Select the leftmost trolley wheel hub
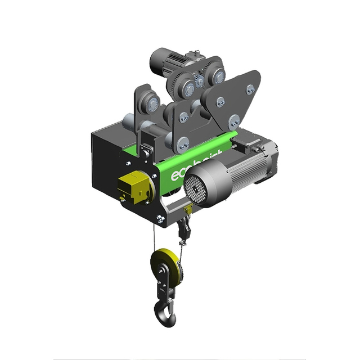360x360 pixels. [x=150, y=103]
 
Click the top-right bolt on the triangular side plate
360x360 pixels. [x=250, y=89]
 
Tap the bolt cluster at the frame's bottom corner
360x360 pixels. [x=160, y=219]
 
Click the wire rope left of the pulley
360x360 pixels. [x=154, y=236]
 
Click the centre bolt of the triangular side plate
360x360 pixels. [x=220, y=102]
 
